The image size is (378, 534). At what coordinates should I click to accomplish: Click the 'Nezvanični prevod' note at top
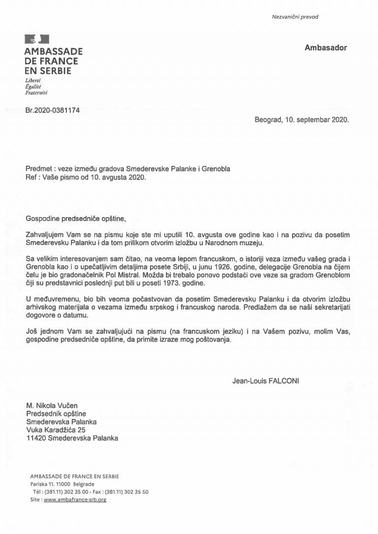pos(295,17)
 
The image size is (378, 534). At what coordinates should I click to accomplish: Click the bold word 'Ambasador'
pos(325,48)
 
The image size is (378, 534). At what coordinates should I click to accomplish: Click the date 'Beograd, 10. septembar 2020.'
pos(301,120)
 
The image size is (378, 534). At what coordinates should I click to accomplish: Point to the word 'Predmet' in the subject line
pos(39,169)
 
